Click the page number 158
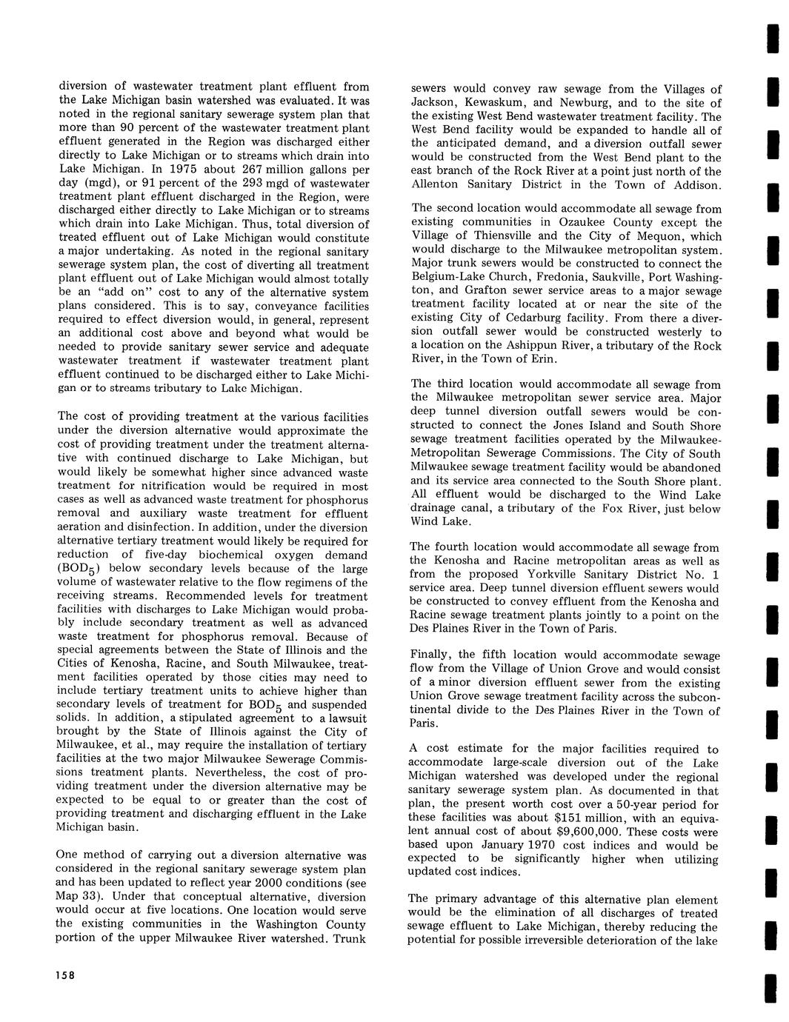[x=65, y=975]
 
